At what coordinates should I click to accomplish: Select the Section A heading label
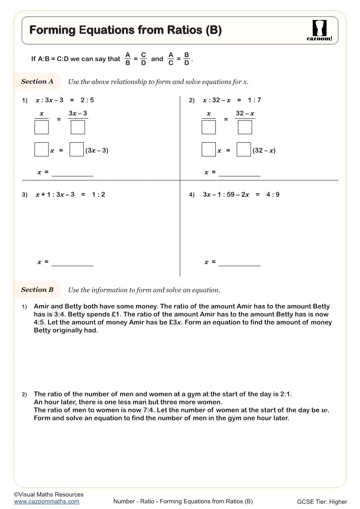pyautogui.click(x=37, y=82)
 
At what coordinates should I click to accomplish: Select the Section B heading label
pyautogui.click(x=37, y=290)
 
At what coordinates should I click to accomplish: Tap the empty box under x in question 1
pyautogui.click(x=41, y=127)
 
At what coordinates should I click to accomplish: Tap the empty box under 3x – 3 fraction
pyautogui.click(x=78, y=127)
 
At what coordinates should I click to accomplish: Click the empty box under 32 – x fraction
pyautogui.click(x=245, y=127)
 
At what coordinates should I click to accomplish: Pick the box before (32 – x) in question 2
pyautogui.click(x=244, y=150)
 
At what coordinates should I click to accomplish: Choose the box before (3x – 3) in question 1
pyautogui.click(x=77, y=150)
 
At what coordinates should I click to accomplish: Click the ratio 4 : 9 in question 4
pyautogui.click(x=272, y=194)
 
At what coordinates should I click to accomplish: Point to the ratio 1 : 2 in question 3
pyautogui.click(x=98, y=194)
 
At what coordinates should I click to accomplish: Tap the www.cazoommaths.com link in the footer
pyautogui.click(x=47, y=501)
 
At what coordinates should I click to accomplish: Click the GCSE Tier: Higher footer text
pyautogui.click(x=322, y=502)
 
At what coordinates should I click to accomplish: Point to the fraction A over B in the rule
pyautogui.click(x=127, y=59)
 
